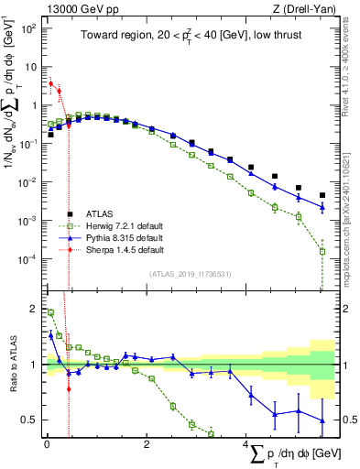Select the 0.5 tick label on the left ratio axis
[x=30, y=420]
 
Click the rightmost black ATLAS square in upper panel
[x=322, y=195]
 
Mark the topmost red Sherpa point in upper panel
[x=50, y=83]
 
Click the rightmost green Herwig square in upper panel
[x=322, y=251]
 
